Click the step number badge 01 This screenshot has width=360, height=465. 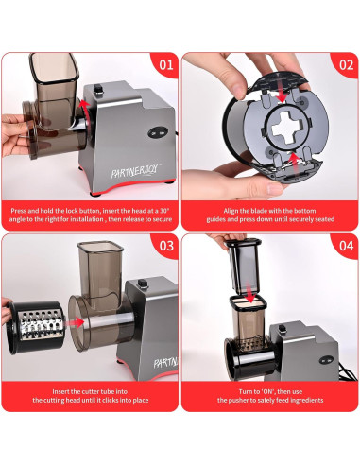(164, 67)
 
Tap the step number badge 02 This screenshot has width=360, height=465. (346, 67)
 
